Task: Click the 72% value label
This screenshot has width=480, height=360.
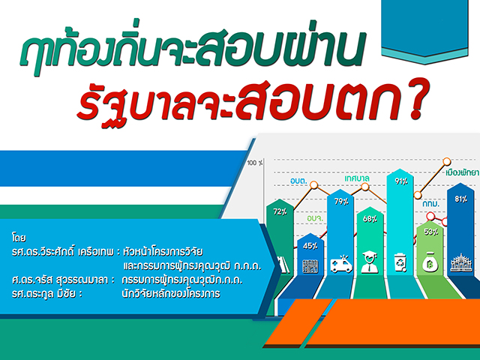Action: coord(280,211)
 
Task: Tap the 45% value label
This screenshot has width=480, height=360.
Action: coord(310,246)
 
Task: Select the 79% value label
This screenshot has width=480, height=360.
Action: coord(341,202)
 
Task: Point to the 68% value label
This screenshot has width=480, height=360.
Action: coord(370,219)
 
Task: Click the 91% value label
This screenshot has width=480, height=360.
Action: coord(401,181)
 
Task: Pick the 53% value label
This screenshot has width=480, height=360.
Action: coord(430,232)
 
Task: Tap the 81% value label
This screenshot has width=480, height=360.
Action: coord(461,199)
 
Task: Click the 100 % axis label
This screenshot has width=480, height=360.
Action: coord(255,163)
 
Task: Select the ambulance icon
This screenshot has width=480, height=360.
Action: coord(341,263)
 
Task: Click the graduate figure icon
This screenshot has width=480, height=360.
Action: coord(370,262)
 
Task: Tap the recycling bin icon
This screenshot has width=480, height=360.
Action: coord(401,262)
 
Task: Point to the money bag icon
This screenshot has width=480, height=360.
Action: coord(430,262)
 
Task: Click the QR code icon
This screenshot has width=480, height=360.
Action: coord(310,266)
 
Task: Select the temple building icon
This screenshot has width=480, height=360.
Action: coord(462,262)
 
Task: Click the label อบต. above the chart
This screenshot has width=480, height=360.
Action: coord(298,181)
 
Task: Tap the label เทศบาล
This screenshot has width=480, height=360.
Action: coord(357,178)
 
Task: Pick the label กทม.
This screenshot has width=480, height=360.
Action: coord(431,204)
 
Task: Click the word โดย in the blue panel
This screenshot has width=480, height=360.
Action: coord(19,238)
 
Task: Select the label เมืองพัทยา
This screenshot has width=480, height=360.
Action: coord(462,173)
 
